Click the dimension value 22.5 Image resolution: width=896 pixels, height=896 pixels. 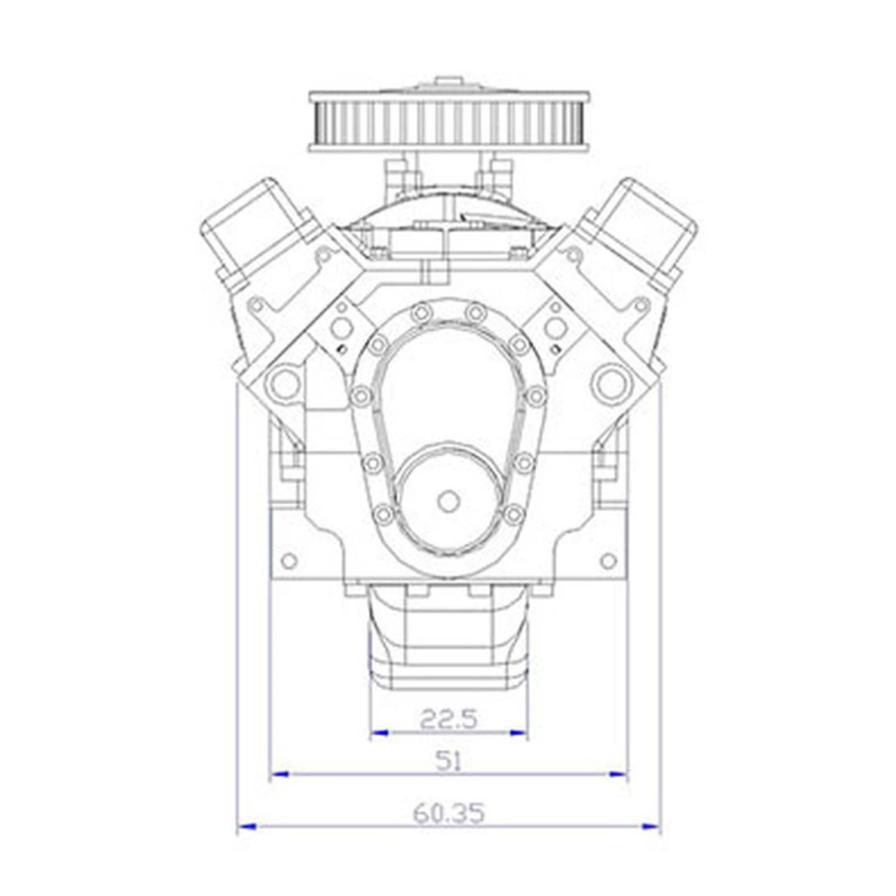click(449, 719)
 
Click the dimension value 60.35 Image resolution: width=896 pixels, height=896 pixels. click(449, 813)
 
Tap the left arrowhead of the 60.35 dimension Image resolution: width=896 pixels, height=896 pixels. click(247, 827)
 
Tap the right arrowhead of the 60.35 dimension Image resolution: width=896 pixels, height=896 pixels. click(652, 827)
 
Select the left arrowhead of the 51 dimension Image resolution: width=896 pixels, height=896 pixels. click(280, 775)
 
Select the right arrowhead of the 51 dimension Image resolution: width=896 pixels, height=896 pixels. click(619, 775)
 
